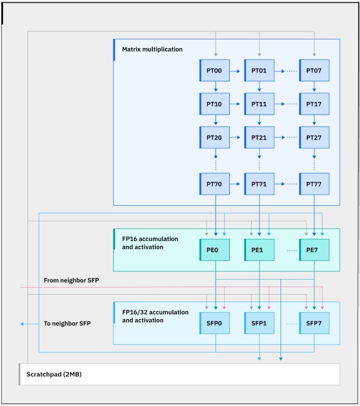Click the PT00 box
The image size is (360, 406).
click(214, 71)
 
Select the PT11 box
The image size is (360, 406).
click(259, 104)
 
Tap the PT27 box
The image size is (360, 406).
click(314, 138)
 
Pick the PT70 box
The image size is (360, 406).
click(214, 184)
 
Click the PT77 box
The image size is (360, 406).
click(314, 184)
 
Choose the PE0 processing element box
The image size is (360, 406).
click(214, 250)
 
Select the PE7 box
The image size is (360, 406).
click(314, 250)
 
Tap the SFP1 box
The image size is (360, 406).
click(259, 323)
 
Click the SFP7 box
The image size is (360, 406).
click(314, 323)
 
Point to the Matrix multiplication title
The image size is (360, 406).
click(152, 49)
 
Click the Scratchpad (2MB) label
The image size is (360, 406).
click(54, 374)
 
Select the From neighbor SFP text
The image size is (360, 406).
click(71, 280)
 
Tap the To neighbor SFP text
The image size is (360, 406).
click(67, 323)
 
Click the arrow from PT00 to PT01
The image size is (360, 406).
click(235, 71)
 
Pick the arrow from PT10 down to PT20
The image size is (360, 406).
click(215, 121)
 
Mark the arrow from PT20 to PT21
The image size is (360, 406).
click(235, 137)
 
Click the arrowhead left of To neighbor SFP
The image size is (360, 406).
click(22, 324)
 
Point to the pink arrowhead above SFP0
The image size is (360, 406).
click(224, 308)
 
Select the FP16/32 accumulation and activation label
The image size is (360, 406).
click(155, 316)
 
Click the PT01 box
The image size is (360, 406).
click(259, 71)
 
